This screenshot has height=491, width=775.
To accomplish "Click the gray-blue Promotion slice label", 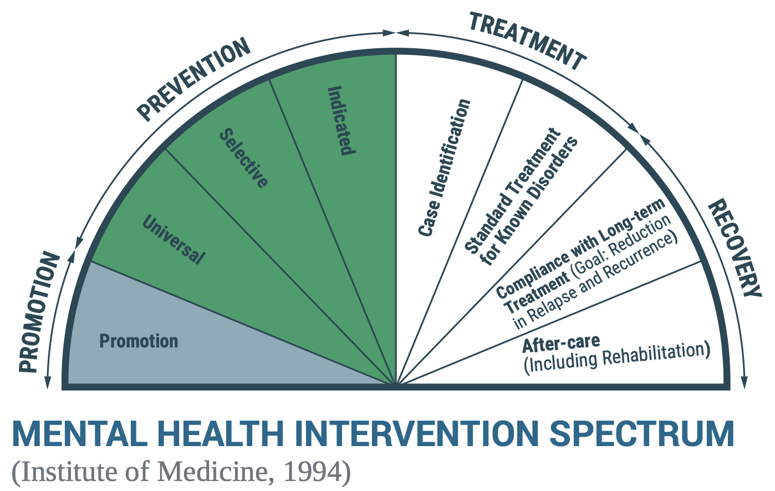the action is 139,341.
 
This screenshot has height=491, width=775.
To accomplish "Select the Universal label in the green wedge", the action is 174,239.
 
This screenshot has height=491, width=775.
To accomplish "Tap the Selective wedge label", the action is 244,158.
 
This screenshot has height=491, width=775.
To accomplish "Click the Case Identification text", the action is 444,168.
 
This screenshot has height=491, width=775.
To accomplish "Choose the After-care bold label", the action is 561,343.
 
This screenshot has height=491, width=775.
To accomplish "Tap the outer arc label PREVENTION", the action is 193,80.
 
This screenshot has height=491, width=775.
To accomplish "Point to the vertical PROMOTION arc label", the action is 39,312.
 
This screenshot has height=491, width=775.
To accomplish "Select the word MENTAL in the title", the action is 80,434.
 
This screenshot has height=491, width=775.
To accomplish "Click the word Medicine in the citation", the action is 213,472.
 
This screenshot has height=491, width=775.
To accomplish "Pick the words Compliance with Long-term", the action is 580,248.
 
